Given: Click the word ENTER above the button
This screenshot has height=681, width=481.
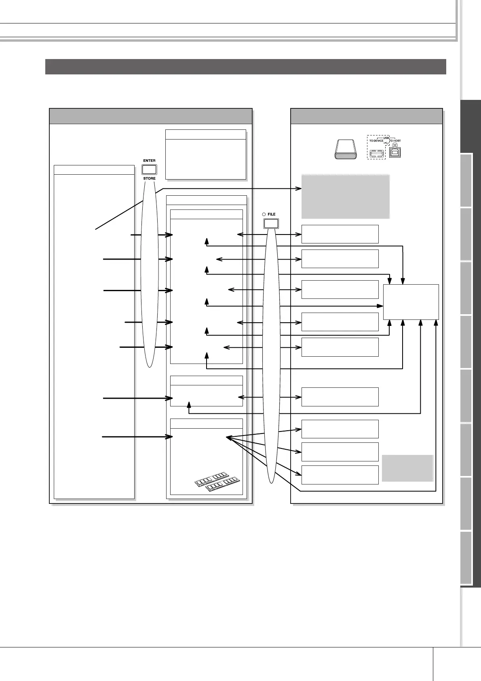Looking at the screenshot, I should pos(149,161).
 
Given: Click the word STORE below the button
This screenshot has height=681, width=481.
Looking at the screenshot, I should pos(149,178).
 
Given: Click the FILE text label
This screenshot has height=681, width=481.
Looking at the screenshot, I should pos(272,214).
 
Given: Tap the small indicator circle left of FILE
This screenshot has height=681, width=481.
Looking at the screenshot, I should pos(264,214).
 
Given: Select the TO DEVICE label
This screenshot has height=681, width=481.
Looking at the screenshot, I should pos(376,141).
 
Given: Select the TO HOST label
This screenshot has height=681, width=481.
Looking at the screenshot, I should pos(395,141).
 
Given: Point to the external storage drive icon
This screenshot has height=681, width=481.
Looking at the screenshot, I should pos(345,150).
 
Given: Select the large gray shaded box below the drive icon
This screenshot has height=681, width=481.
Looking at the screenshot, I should pos(345,197).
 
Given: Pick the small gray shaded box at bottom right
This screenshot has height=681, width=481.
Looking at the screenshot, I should pos(407,468).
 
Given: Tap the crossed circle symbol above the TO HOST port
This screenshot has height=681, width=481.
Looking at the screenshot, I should pos(395,145).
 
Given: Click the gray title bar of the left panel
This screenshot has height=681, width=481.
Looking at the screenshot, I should pos(151,116).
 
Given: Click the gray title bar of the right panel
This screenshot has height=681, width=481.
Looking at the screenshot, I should pos(367,116).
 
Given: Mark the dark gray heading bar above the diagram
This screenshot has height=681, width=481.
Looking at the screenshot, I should pos(245,67).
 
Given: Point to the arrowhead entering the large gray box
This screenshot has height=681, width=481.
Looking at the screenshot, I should pos(299,188).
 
